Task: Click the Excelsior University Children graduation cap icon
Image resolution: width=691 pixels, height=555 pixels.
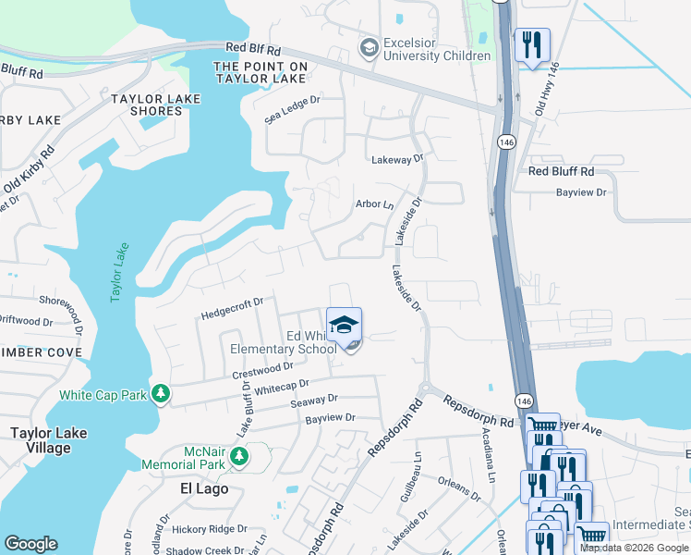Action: [x=370, y=47]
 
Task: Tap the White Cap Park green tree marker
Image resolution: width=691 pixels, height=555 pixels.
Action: [x=162, y=395]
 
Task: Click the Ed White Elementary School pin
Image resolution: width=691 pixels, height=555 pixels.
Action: [x=345, y=327]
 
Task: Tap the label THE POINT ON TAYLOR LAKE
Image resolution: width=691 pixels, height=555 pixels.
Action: [x=261, y=73]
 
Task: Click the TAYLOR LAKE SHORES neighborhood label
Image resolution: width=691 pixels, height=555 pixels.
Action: [x=147, y=105]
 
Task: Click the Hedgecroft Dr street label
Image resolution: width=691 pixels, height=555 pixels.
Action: [x=233, y=308]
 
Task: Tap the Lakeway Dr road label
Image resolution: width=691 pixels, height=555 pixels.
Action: [x=397, y=159]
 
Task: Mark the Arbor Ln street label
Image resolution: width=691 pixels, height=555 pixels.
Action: [x=374, y=204]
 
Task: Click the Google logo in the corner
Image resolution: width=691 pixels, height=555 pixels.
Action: [x=30, y=544]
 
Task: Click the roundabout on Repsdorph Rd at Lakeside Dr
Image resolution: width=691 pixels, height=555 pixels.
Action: [x=426, y=388]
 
